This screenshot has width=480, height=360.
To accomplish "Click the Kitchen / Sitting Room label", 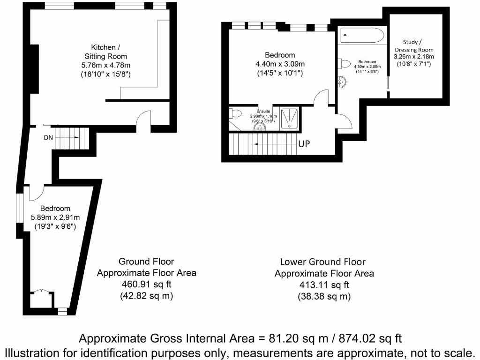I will (x=105, y=52).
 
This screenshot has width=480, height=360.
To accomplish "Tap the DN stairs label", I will (x=48, y=137).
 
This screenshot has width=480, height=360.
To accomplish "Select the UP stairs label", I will (x=304, y=144).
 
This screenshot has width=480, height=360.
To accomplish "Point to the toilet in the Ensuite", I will (x=234, y=113).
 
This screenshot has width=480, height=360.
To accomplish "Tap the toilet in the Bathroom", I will (x=345, y=64).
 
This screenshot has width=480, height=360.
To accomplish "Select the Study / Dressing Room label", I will (x=414, y=46).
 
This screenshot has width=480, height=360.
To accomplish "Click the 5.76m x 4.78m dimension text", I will (x=106, y=65).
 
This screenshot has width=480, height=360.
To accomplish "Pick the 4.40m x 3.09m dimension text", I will (x=280, y=64).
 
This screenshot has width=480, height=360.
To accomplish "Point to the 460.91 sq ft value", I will (x=146, y=284).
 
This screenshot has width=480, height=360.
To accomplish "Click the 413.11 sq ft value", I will (x=324, y=285).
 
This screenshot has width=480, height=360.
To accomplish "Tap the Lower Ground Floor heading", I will (x=322, y=262).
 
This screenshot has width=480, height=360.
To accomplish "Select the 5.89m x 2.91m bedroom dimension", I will (x=55, y=217).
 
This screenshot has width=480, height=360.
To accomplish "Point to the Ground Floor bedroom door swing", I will (x=37, y=191).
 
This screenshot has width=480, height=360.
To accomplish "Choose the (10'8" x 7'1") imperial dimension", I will (x=414, y=64).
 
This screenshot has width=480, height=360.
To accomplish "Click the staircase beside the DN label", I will (x=70, y=139).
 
